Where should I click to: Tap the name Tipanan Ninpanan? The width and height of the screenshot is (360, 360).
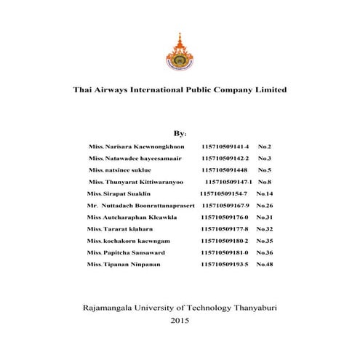point(135,263)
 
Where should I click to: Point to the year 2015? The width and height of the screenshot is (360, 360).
point(180,320)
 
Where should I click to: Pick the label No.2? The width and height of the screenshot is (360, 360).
point(265,146)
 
